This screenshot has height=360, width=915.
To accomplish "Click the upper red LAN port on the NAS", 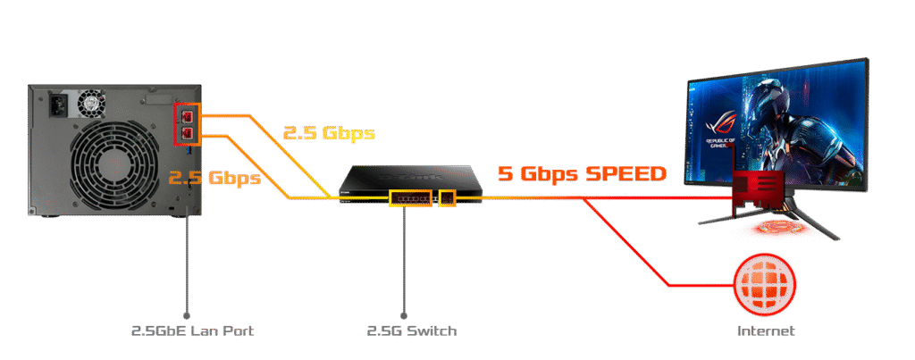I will tap(188, 115).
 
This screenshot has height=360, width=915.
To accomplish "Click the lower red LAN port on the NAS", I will tap(188, 133).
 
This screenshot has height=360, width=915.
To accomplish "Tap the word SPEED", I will tap(625, 174).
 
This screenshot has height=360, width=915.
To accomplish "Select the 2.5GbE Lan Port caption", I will tap(192, 331).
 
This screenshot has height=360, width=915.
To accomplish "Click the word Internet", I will tap(765, 331).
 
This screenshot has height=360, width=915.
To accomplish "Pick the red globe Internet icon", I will tap(763, 283).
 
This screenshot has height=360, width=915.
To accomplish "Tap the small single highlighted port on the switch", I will tap(448, 197).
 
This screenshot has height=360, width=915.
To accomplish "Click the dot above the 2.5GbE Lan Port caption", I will tap(187, 314).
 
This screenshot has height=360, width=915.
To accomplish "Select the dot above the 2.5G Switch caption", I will tap(404, 314).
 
